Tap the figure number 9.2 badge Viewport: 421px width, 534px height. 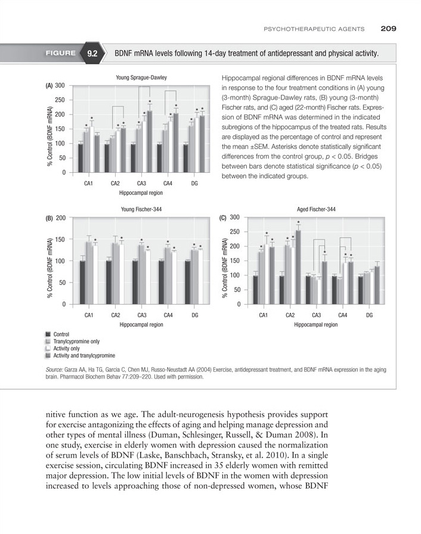(x=92, y=54)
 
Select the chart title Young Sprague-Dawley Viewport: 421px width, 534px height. (x=141, y=77)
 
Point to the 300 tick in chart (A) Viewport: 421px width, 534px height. (x=60, y=86)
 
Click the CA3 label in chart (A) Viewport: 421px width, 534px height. (x=142, y=183)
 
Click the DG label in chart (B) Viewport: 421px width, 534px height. (x=195, y=315)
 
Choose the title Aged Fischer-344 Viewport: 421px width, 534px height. (x=316, y=209)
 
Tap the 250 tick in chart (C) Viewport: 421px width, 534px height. (x=234, y=232)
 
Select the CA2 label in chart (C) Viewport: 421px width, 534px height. (x=290, y=315)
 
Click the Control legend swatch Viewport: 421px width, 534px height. (x=47, y=334)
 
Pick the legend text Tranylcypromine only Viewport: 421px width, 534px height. (x=76, y=341)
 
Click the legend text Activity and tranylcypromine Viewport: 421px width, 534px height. (x=84, y=356)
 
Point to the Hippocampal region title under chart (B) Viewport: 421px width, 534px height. (x=141, y=325)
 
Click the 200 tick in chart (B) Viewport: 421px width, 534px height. (x=60, y=218)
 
